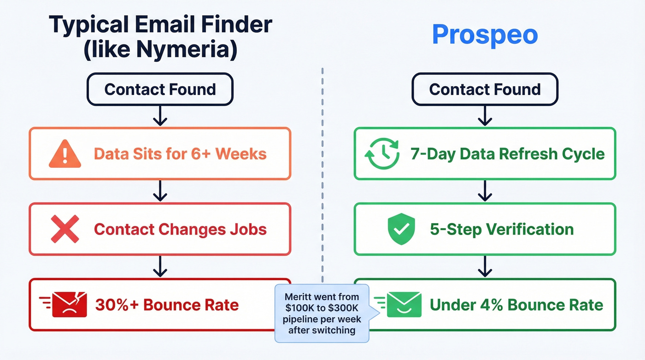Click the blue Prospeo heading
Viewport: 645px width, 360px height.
point(485,35)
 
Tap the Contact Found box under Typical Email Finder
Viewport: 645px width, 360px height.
point(160,89)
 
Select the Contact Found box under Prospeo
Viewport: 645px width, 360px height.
point(485,89)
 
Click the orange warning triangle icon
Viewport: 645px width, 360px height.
point(65,154)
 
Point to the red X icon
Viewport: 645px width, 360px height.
point(64,229)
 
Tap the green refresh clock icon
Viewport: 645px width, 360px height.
point(381,154)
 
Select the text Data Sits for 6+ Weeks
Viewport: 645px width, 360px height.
point(180,153)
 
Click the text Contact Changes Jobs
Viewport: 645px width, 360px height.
point(180,229)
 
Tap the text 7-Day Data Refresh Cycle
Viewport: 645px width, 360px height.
point(507,153)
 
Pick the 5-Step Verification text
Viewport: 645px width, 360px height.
point(502,229)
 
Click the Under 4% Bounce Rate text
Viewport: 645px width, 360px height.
point(516,305)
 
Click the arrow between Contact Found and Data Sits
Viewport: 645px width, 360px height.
point(160,116)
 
